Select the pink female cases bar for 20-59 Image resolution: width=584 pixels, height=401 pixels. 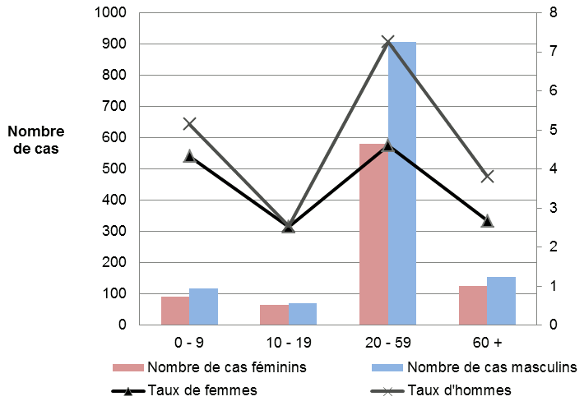[x=373, y=234]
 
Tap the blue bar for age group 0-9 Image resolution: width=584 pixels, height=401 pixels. [x=203, y=307]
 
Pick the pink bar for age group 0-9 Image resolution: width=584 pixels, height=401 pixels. [x=175, y=311]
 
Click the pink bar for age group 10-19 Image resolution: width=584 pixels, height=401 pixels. [x=275, y=315]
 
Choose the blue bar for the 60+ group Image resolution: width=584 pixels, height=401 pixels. [x=501, y=301]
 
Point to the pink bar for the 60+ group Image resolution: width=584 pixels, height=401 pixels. [x=473, y=305]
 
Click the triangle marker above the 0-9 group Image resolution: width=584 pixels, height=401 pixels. [x=189, y=156]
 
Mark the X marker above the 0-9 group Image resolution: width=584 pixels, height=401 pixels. [x=189, y=124]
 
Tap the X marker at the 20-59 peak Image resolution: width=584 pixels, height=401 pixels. [x=388, y=41]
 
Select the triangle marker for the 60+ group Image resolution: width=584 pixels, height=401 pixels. [x=487, y=221]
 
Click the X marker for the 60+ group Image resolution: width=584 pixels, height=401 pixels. [x=487, y=176]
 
